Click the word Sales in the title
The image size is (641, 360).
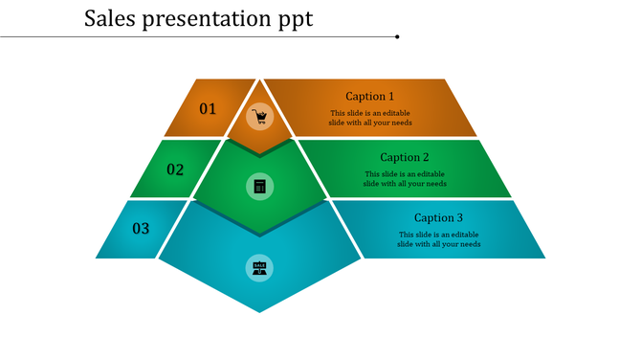coord(109,18)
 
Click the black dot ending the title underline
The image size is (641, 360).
coord(397,36)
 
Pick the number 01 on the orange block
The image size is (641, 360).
coord(208,109)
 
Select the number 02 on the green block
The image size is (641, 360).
coord(175,169)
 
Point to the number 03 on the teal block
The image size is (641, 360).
coord(141,228)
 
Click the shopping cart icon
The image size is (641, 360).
coord(259,118)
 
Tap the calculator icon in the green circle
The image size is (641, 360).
coord(259,186)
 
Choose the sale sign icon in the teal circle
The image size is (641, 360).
coord(259,268)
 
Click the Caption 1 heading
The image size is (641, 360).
coord(369,97)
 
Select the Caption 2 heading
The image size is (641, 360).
coord(405,157)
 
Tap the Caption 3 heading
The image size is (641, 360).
coord(439,217)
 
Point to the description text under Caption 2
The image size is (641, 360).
coord(405,179)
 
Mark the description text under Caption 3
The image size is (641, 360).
coord(439,239)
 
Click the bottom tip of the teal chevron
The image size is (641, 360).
coord(259,310)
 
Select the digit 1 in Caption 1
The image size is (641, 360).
coord(390,97)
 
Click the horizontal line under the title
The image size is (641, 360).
coord(191,36)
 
